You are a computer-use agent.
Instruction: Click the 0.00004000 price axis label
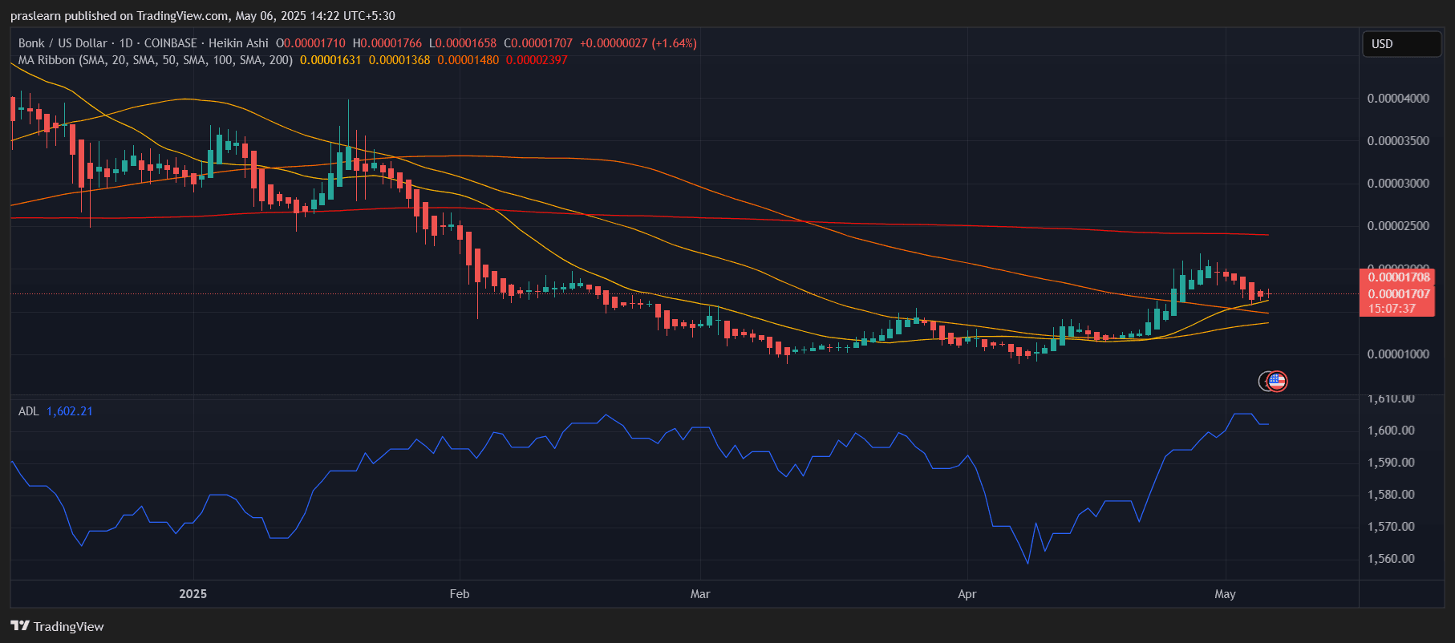tap(1398, 99)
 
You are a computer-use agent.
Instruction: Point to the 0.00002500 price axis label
tap(1398, 226)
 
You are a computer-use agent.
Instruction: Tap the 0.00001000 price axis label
tap(1398, 354)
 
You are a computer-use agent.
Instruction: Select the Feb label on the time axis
tap(459, 594)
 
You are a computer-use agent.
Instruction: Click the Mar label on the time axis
tap(700, 594)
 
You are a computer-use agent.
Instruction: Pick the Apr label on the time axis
tap(967, 594)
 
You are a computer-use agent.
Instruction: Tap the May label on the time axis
tap(1225, 594)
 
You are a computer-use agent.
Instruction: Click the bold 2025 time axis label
tap(193, 594)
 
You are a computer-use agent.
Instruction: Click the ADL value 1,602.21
tap(70, 411)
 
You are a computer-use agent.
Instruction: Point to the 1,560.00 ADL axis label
tap(1391, 559)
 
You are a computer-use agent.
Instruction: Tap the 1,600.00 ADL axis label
tap(1391, 431)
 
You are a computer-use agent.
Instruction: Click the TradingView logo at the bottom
tap(57, 626)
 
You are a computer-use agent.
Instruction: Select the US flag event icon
tap(1277, 381)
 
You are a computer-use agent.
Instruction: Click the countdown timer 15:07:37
tap(1392, 309)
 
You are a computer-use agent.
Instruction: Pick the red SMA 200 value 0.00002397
tap(537, 60)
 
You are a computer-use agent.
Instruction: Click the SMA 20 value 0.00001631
tap(330, 60)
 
